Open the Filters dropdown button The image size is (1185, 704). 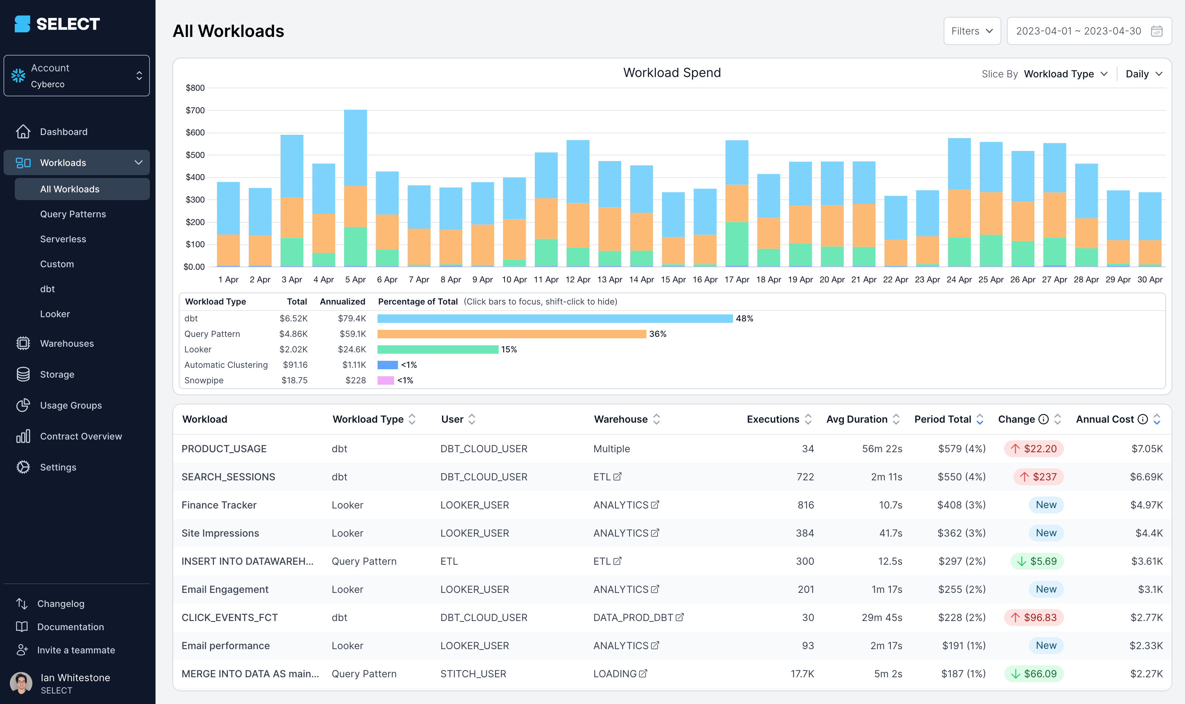971,31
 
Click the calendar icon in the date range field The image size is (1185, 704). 1156,31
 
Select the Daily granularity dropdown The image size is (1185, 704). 1143,74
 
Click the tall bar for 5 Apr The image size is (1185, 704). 355,190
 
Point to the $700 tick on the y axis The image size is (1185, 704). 195,110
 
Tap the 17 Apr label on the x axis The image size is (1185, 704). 736,280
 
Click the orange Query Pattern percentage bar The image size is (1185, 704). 511,334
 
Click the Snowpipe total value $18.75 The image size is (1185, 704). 294,380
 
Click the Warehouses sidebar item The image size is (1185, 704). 67,344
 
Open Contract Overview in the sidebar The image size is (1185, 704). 81,436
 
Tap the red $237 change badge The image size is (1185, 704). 1038,477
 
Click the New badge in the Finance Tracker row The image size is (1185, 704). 1045,505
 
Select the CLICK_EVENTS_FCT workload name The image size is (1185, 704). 229,617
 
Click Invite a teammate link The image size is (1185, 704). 76,650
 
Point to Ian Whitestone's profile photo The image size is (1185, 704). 21,683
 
